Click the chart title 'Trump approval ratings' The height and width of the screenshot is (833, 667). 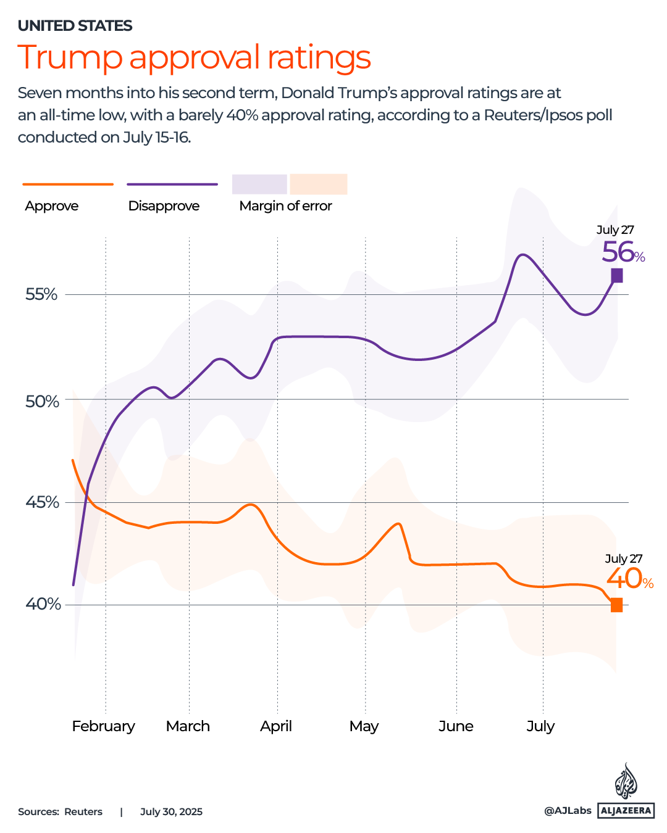[x=194, y=57]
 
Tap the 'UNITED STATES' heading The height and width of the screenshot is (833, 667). [x=75, y=26]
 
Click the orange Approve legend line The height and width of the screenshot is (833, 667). [x=68, y=184]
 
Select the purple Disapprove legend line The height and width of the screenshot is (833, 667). [x=172, y=184]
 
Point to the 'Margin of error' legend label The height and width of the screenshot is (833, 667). [x=285, y=206]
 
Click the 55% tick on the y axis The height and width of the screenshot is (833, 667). [x=41, y=294]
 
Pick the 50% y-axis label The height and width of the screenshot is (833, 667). [x=42, y=402]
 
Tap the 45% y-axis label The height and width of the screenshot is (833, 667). [x=42, y=502]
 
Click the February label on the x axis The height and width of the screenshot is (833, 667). [x=103, y=726]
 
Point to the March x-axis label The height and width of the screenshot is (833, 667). [x=188, y=726]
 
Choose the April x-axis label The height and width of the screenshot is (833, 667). [x=276, y=726]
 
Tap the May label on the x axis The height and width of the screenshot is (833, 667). [x=364, y=726]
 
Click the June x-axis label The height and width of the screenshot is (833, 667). [x=456, y=726]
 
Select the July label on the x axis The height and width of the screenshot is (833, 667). [x=540, y=726]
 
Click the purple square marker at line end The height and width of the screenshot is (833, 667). [x=616, y=276]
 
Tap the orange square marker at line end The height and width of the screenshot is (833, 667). [x=616, y=605]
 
